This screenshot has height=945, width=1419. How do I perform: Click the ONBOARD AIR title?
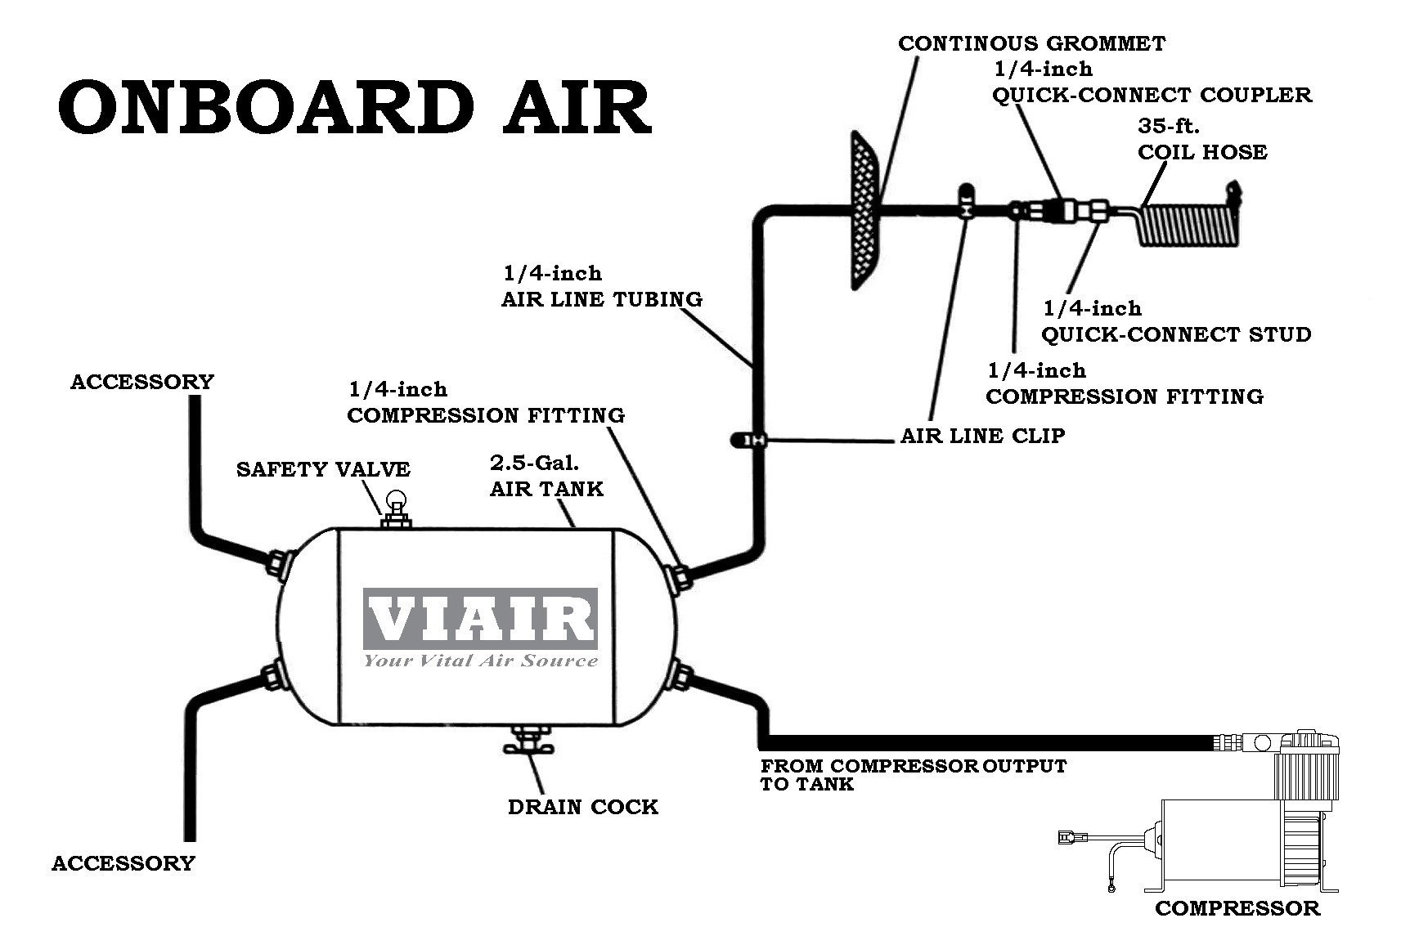pos(355,107)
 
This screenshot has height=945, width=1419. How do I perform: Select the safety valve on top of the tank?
pos(397,508)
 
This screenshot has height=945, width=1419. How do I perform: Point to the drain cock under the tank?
pos(528,740)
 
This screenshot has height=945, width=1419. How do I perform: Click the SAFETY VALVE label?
pos(323,469)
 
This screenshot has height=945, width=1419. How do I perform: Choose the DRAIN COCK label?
pos(582,807)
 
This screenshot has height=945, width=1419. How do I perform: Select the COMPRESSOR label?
pos(1237,907)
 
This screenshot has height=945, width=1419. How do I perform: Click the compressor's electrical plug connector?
pos(1066,836)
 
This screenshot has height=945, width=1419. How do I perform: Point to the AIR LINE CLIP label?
pos(982,436)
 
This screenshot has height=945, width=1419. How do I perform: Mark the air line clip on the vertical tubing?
pos(749,441)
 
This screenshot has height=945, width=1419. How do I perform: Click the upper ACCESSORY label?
pos(141,382)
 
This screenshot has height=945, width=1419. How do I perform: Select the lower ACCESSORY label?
pos(123,863)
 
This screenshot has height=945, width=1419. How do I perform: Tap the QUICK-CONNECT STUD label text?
pos(1176,334)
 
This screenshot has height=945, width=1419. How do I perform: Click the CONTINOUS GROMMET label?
pos(1031,43)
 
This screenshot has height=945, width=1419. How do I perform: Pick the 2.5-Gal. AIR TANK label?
pos(546,476)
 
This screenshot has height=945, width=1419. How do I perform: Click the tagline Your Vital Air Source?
pos(481,661)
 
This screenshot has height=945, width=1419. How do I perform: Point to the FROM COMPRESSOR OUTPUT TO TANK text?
pos(914,775)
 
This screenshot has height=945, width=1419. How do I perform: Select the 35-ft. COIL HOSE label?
pos(1202,140)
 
